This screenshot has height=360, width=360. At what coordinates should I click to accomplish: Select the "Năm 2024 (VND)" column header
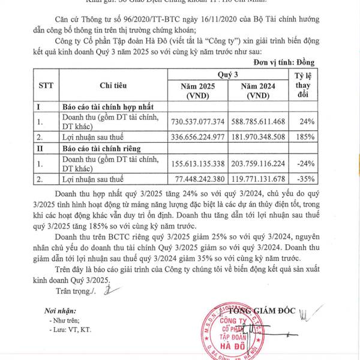(x=257, y=91)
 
